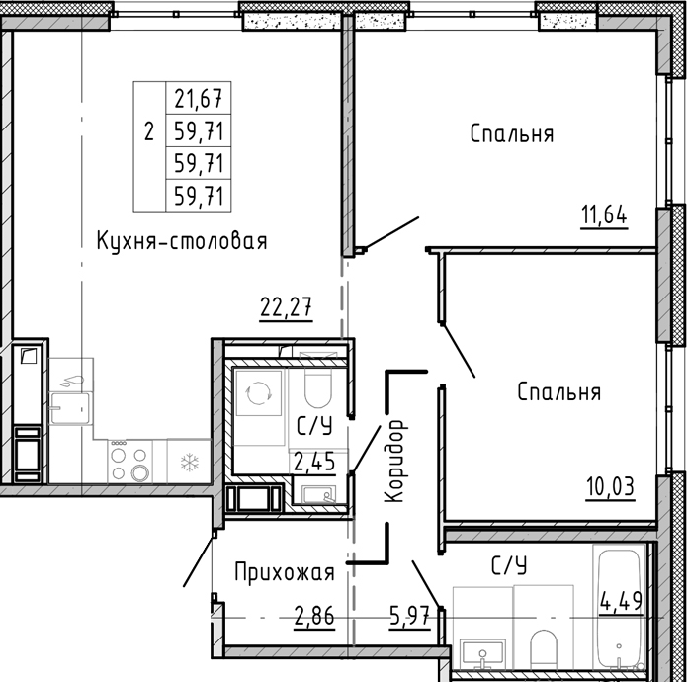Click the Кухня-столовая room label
tap(182, 240)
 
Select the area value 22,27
tap(287, 307)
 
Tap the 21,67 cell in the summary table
tap(198, 99)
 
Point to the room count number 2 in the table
tap(149, 131)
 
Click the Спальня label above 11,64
tap(511, 133)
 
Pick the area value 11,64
tap(604, 214)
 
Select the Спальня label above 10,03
tap(559, 392)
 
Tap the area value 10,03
tap(608, 487)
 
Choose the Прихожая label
tap(285, 571)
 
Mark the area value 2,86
tap(314, 620)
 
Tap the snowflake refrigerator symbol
tap(188, 462)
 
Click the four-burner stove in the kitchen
tap(130, 463)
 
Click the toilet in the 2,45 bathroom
tap(317, 391)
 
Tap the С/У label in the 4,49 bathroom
tap(509, 565)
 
